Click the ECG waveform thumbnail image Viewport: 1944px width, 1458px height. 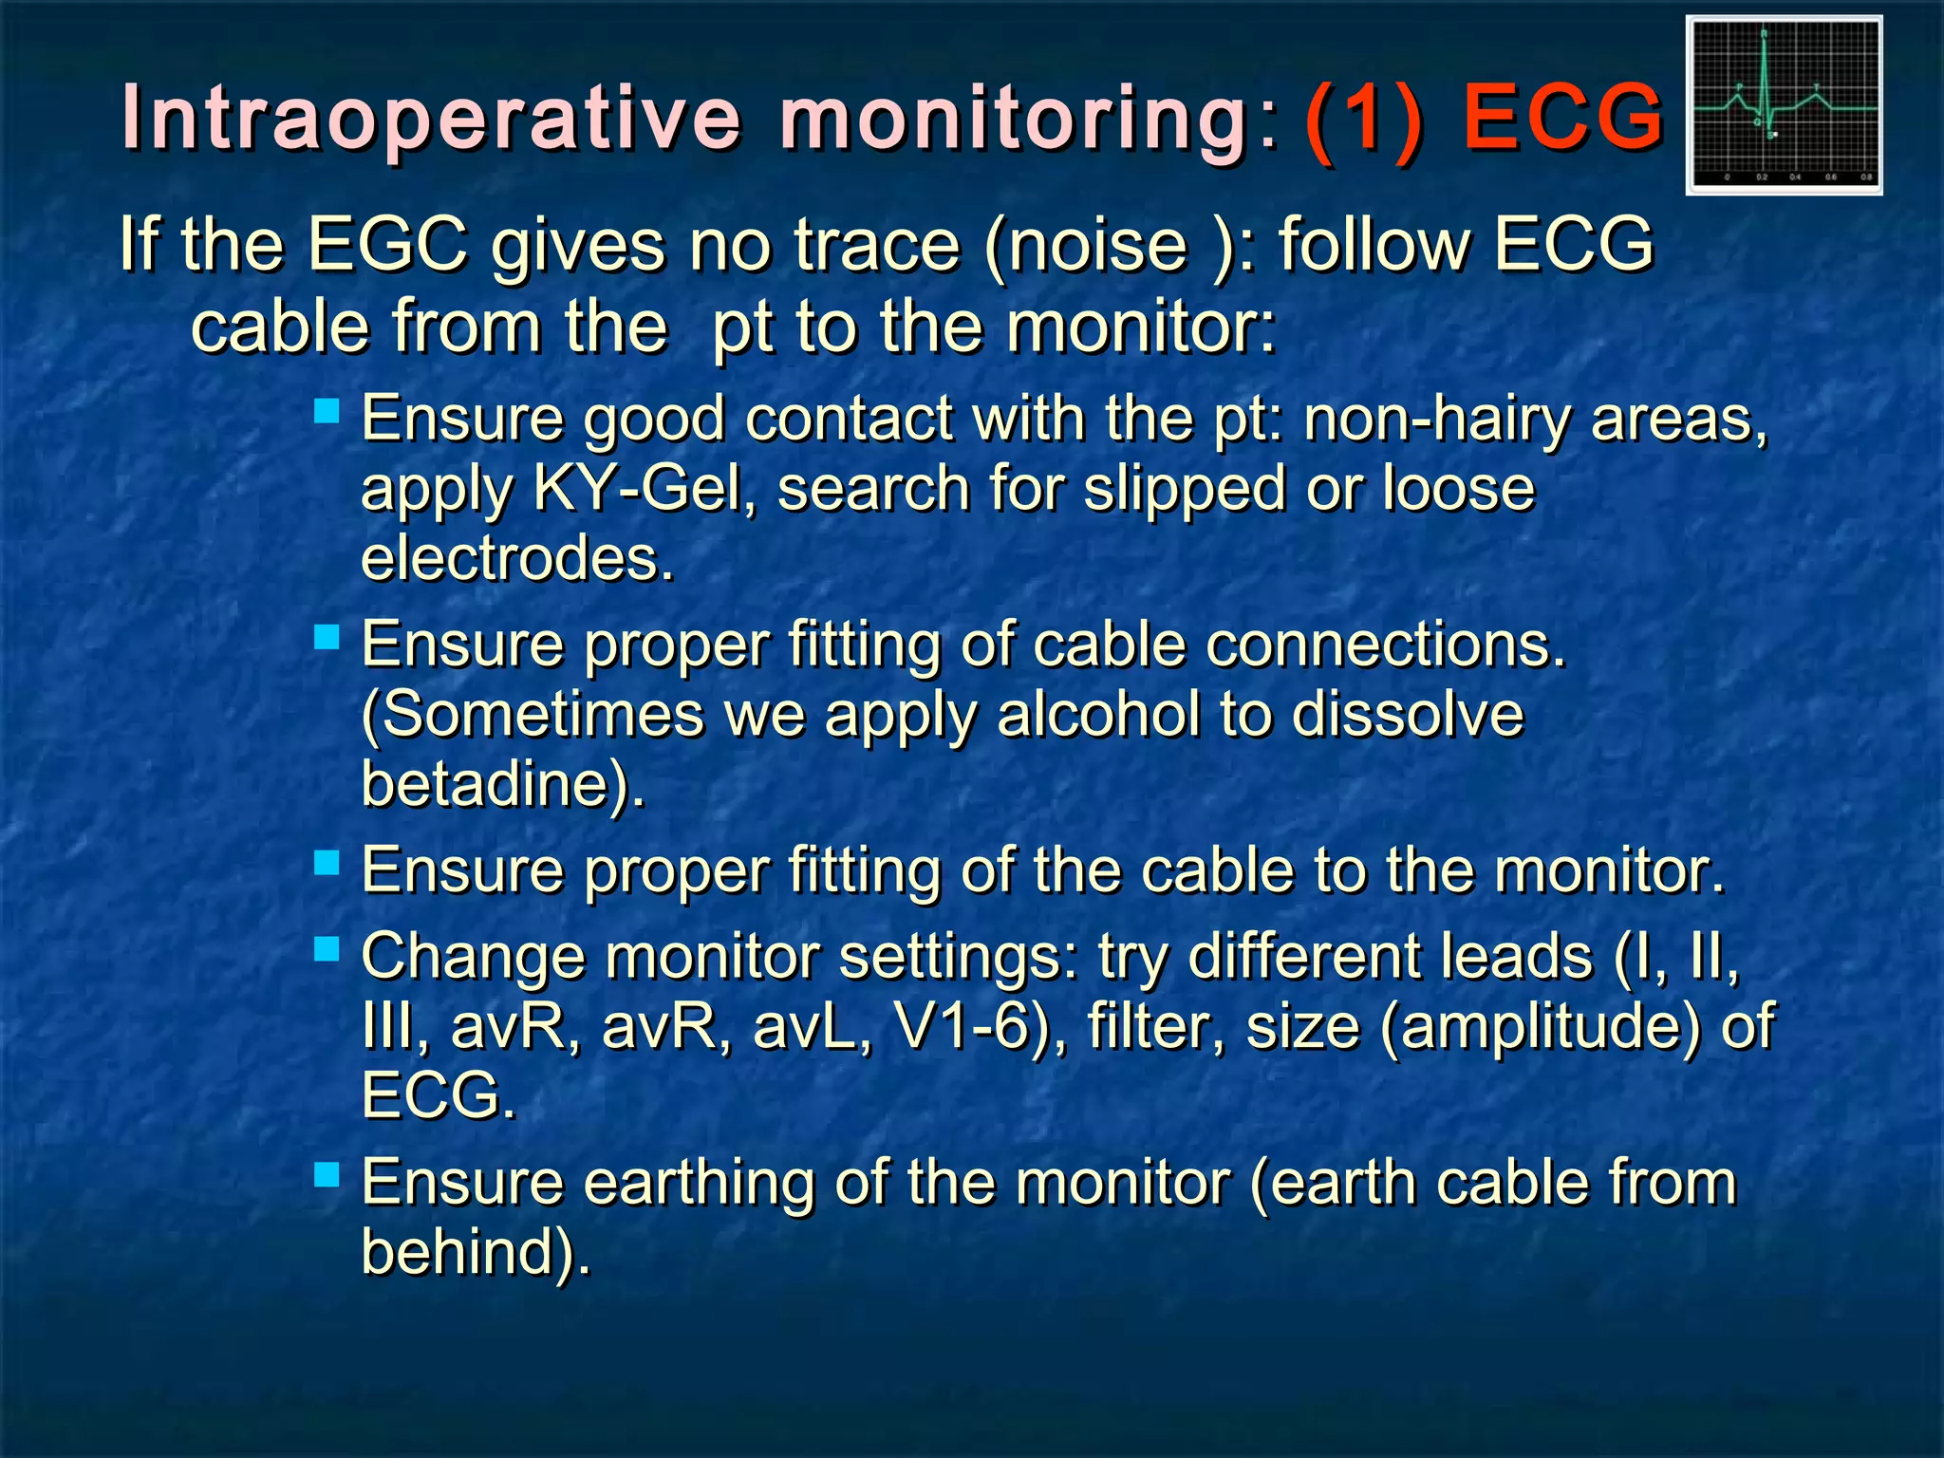(1784, 104)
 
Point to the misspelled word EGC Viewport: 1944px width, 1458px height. (387, 244)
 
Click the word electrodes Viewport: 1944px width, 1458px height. (517, 558)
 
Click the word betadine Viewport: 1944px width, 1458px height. (494, 784)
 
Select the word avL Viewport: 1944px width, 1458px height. (809, 1026)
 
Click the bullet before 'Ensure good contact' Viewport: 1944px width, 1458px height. (327, 412)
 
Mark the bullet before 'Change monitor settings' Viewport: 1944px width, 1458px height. (327, 948)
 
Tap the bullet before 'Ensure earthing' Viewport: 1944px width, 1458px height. (327, 1175)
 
